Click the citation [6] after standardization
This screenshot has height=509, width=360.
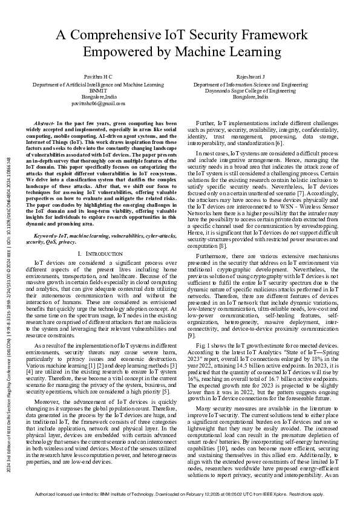click(x=279, y=143)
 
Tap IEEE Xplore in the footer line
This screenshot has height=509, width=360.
click(x=278, y=494)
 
